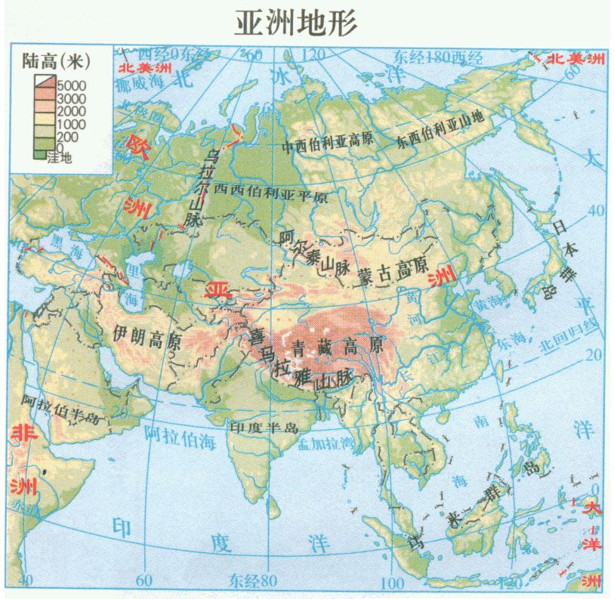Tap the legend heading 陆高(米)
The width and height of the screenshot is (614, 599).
(57, 60)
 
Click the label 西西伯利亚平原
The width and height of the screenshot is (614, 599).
(270, 193)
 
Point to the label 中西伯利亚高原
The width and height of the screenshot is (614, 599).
(329, 145)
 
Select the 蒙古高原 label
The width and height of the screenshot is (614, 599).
(392, 271)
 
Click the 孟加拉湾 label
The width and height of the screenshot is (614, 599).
(326, 443)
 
